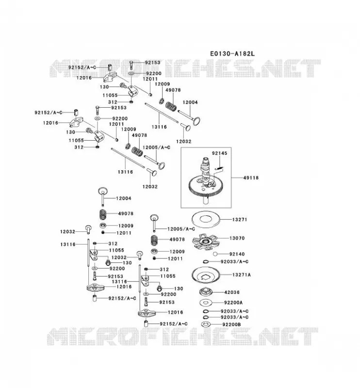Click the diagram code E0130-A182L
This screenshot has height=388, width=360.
[232, 53]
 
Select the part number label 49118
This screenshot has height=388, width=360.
[251, 178]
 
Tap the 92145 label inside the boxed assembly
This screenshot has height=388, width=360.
[219, 153]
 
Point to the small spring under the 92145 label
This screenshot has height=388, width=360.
[219, 168]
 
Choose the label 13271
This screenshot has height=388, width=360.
[240, 220]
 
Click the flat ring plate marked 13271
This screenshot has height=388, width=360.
[206, 219]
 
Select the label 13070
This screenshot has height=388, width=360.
[237, 238]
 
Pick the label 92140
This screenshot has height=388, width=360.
[237, 254]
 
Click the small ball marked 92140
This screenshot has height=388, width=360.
[215, 254]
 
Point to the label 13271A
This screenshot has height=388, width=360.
[242, 275]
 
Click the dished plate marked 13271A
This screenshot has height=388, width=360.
[206, 275]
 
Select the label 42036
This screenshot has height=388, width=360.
[232, 292]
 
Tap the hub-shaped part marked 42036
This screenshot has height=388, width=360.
[206, 291]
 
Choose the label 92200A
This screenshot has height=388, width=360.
[233, 303]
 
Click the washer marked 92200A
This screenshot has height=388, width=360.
[206, 302]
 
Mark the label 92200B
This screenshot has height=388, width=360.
[231, 324]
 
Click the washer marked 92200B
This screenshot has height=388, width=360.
[206, 324]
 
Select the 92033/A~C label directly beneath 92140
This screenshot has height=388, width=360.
[234, 261]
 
